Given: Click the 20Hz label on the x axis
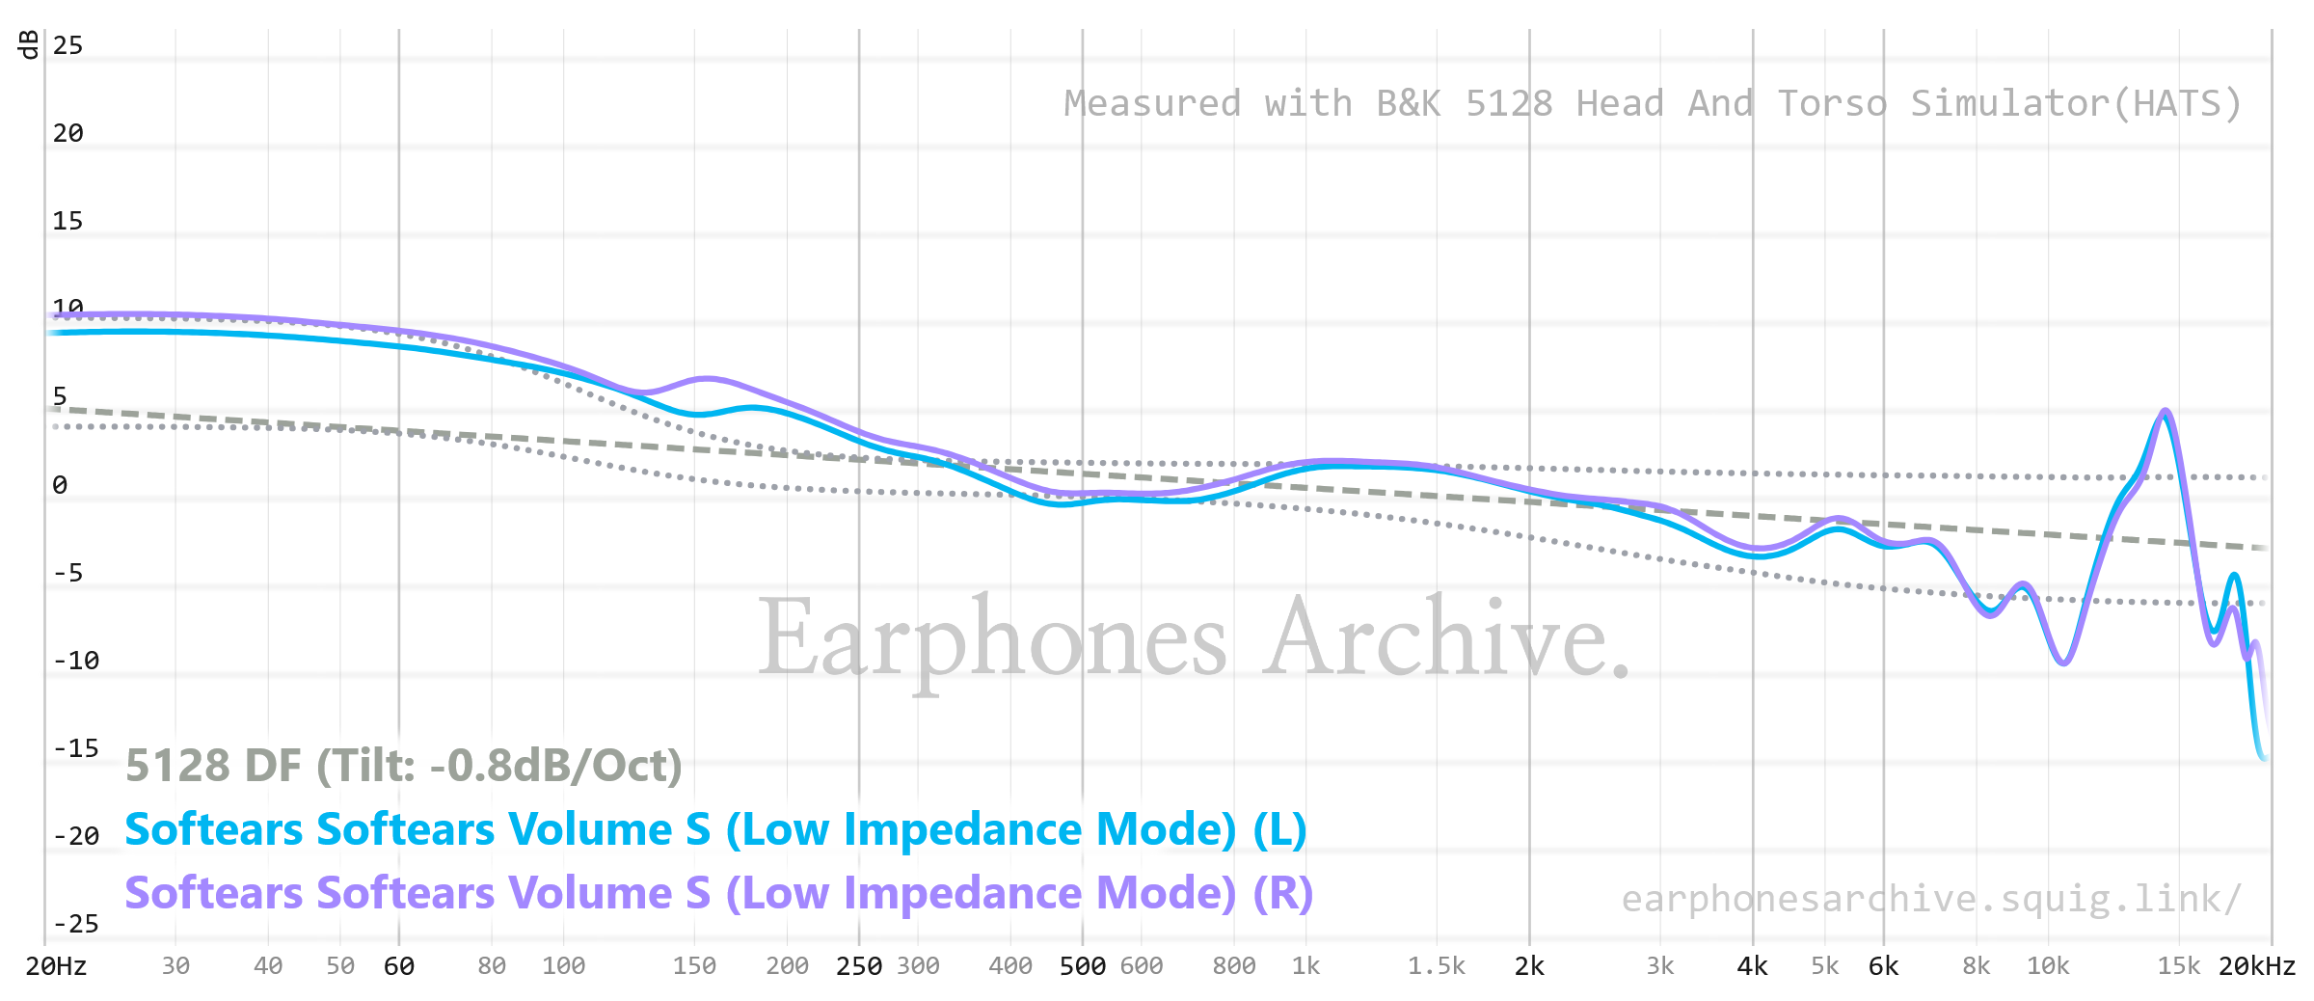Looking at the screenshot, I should tap(56, 966).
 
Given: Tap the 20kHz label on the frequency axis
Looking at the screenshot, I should tap(2256, 966).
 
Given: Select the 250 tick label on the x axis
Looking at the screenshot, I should tap(859, 966).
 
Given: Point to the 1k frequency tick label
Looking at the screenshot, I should tap(1305, 966).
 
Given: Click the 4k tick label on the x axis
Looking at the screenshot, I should tap(1752, 966).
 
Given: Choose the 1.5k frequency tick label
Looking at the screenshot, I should tap(1436, 966).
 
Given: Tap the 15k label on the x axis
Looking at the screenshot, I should tap(2178, 966).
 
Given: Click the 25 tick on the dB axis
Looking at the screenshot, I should tap(67, 45).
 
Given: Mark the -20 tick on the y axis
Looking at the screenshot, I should tap(75, 836).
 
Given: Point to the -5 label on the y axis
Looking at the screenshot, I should tap(67, 573).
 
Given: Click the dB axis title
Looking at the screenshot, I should tap(30, 44).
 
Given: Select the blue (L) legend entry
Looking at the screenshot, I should tap(715, 829).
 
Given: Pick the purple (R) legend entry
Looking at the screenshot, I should tap(718, 893).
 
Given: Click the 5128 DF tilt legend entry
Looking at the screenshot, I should tap(404, 766).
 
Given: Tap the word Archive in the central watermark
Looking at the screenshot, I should tap(1446, 638).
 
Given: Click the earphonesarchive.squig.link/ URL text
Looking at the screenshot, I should tap(1931, 899).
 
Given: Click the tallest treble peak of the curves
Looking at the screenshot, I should tap(2166, 412).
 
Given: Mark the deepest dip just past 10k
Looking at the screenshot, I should tap(2062, 663).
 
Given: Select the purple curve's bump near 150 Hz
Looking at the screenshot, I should tap(707, 378).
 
